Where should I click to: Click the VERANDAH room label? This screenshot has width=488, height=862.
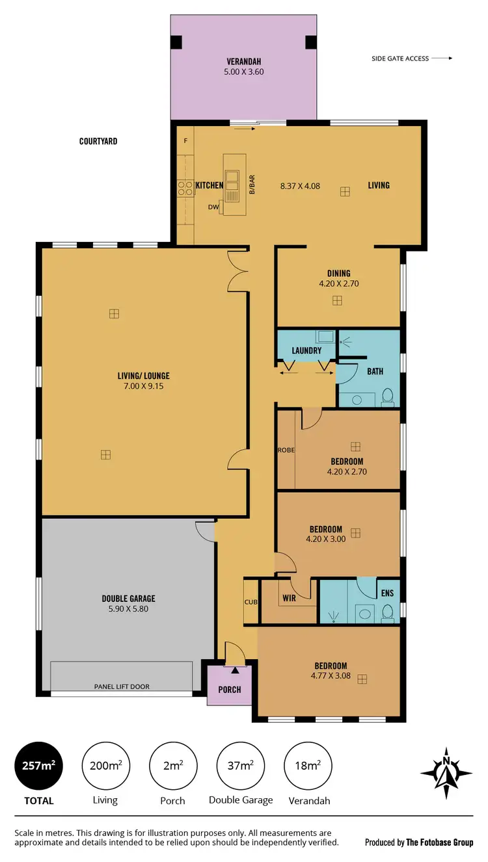244,62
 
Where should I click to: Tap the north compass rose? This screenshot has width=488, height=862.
446,772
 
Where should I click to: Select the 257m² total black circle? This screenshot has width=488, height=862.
39,766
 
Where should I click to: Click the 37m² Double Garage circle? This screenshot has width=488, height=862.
241,766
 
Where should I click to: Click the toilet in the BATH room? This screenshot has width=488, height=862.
388,396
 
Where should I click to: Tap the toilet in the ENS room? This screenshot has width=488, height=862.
388,612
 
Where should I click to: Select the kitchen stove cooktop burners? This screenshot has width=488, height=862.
183,187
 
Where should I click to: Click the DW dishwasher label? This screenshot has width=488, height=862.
213,207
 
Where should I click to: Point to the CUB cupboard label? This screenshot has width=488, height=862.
251,602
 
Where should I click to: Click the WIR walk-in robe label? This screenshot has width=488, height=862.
290,598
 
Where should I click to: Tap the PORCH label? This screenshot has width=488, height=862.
230,690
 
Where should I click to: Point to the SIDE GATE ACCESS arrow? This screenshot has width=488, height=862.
442,59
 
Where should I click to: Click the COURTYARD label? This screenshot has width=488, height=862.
98,141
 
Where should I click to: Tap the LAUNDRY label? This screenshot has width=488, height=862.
306,351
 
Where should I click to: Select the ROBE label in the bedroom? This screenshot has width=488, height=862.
286,450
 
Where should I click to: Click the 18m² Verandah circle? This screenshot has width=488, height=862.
309,766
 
